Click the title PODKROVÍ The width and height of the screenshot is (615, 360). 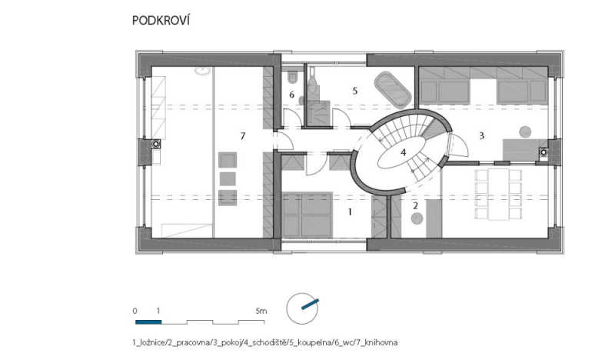pyautogui.click(x=161, y=21)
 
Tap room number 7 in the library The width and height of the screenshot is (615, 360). pyautogui.click(x=243, y=136)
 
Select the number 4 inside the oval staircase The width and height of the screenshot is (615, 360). pyautogui.click(x=403, y=152)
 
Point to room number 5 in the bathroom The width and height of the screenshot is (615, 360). pyautogui.click(x=355, y=91)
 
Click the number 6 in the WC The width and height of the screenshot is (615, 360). pyautogui.click(x=291, y=95)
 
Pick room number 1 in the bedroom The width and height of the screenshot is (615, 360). pyautogui.click(x=350, y=212)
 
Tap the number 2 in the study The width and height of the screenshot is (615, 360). pyautogui.click(x=415, y=205)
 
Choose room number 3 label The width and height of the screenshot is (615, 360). pyautogui.click(x=482, y=136)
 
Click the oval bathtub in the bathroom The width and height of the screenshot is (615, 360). pyautogui.click(x=392, y=90)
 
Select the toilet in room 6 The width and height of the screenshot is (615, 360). pyautogui.click(x=292, y=78)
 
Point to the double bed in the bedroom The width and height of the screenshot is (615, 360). pyautogui.click(x=307, y=215)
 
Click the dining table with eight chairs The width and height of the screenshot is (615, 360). pyautogui.click(x=498, y=194)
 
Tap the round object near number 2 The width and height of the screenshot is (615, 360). pyautogui.click(x=417, y=218)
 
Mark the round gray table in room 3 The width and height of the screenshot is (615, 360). pyautogui.click(x=525, y=132)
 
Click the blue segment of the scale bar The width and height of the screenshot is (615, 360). pyautogui.click(x=148, y=322)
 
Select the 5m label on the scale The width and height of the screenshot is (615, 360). pyautogui.click(x=261, y=312)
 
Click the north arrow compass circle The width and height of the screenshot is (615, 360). pyautogui.click(x=302, y=308)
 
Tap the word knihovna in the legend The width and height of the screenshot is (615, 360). pyautogui.click(x=381, y=343)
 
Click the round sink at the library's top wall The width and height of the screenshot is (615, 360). pyautogui.click(x=203, y=71)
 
